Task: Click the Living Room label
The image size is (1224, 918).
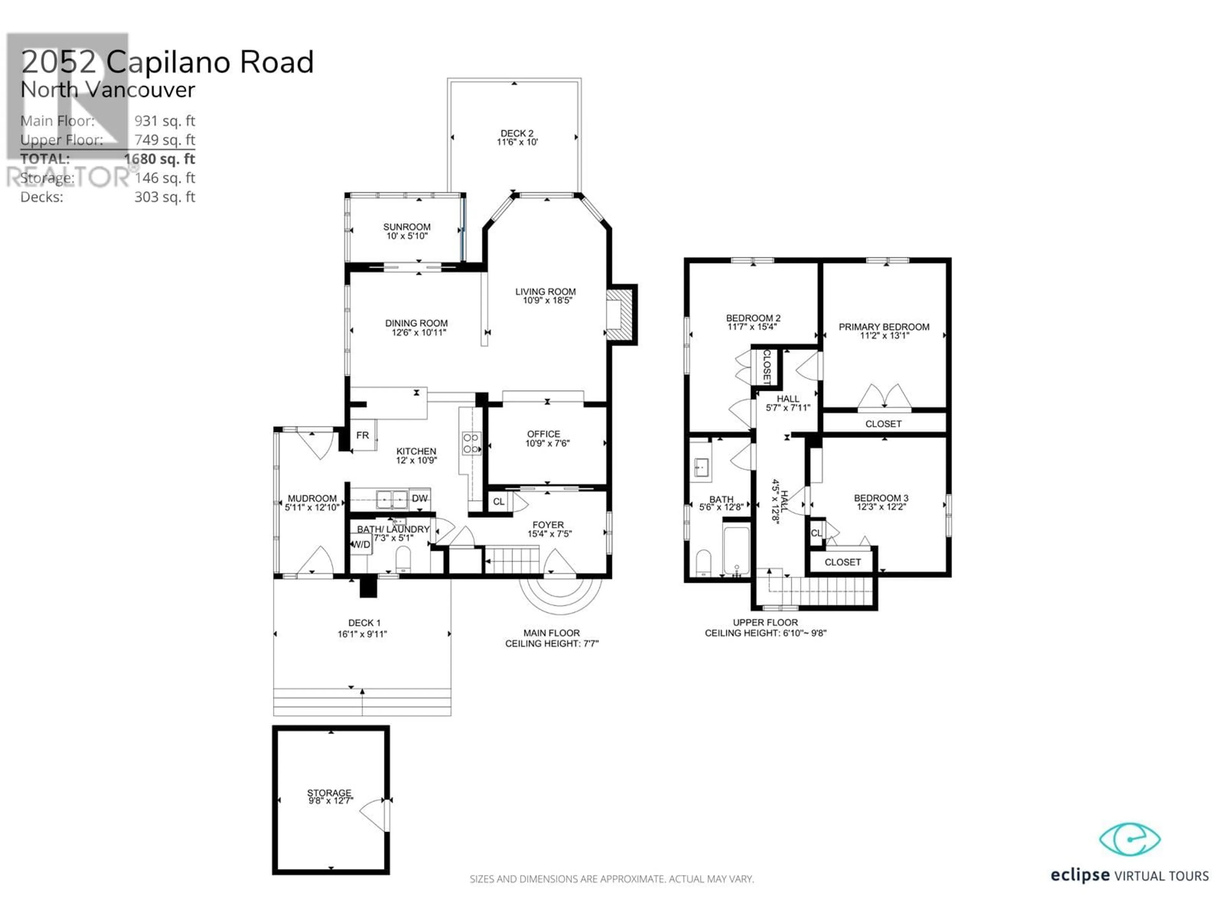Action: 545,292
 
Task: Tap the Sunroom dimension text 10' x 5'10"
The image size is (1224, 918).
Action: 407,236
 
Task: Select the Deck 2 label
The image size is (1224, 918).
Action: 517,133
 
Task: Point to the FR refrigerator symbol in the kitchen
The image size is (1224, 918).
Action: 363,435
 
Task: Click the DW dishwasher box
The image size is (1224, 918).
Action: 419,499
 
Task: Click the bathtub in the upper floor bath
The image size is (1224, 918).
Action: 737,550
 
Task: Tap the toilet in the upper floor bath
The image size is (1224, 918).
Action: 703,563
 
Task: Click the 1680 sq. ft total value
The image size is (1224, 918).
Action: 159,159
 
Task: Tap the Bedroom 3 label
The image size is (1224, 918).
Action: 881,498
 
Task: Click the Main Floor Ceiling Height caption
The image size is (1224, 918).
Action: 552,638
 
